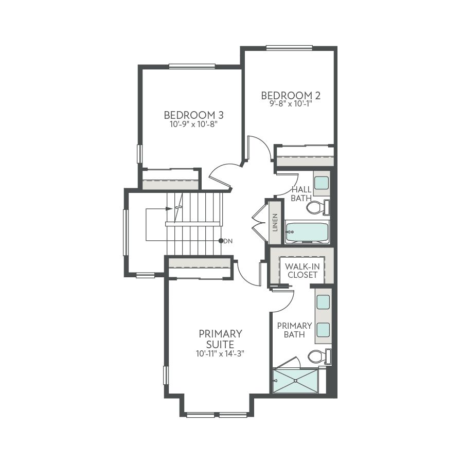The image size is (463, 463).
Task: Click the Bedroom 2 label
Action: click(x=291, y=95)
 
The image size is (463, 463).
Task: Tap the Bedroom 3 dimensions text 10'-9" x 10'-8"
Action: click(x=194, y=124)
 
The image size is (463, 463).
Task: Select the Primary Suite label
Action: click(x=220, y=339)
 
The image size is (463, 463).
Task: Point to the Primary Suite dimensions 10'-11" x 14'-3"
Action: click(x=220, y=353)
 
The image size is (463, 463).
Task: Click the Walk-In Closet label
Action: click(x=302, y=271)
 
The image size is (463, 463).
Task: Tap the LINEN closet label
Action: click(x=275, y=222)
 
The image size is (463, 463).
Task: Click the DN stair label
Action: click(x=228, y=241)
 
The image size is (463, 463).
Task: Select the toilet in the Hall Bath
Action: click(x=318, y=207)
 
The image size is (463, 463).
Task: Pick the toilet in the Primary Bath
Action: click(x=319, y=357)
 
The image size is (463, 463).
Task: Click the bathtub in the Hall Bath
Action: click(x=307, y=233)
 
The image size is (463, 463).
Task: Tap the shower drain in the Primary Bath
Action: click(x=295, y=381)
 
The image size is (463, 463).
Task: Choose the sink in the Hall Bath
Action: click(x=321, y=183)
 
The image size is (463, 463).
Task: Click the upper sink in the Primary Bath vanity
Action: click(x=323, y=302)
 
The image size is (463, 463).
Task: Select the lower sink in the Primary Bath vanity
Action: click(x=323, y=330)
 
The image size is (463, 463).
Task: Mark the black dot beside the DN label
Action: click(x=221, y=241)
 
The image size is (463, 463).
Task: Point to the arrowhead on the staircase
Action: click(x=169, y=209)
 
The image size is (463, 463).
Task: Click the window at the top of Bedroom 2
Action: click(x=289, y=48)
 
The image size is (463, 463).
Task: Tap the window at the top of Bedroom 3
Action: click(x=192, y=66)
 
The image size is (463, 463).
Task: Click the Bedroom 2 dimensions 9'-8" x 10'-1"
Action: click(x=291, y=104)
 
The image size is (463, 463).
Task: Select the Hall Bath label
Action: click(x=301, y=194)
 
